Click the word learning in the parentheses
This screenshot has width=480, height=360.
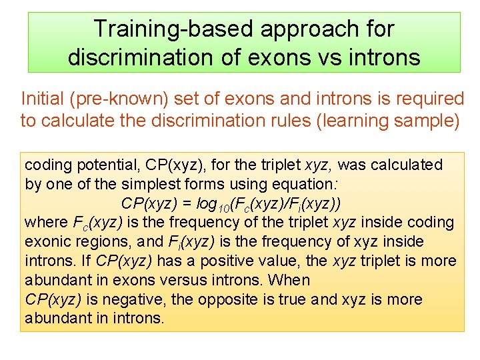point(364,121)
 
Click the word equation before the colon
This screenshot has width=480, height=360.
point(313,184)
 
